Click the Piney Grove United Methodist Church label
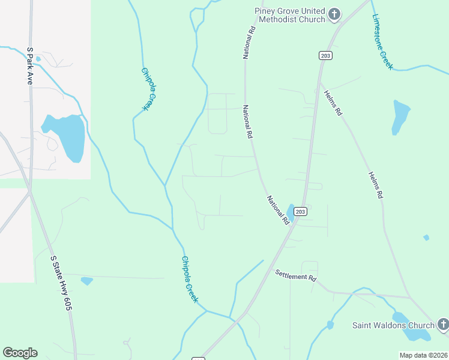(289, 15)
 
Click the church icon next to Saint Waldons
(442, 325)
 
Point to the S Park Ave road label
(29, 66)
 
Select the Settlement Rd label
(296, 276)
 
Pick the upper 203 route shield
(325, 55)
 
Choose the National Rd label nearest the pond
(278, 210)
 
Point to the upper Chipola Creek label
(148, 88)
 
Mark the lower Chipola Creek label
(190, 279)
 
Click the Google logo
(20, 353)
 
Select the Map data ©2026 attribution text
(423, 355)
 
